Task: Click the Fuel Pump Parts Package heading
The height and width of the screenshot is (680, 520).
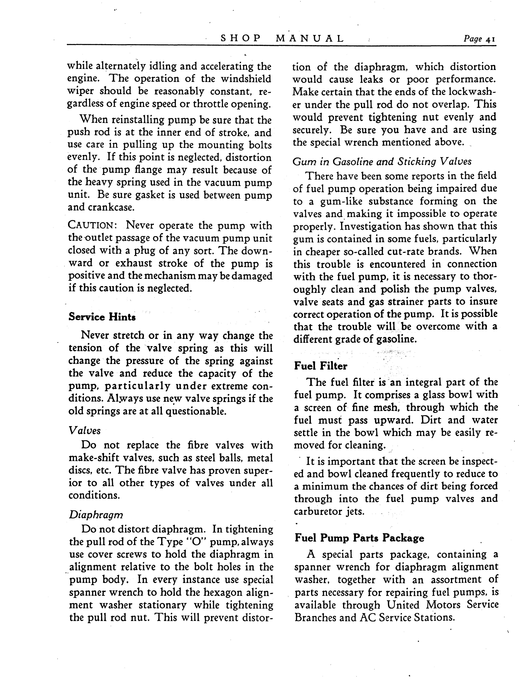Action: click(x=359, y=538)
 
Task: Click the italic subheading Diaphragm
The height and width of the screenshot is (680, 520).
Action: click(x=96, y=515)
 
